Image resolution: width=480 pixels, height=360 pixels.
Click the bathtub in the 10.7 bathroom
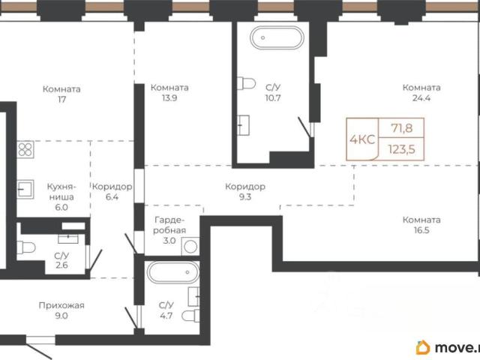pyautogui.click(x=277, y=38)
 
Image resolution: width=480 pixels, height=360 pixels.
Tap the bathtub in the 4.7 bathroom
pyautogui.click(x=173, y=272)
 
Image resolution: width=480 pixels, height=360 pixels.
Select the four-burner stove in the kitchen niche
pyautogui.click(x=25, y=150)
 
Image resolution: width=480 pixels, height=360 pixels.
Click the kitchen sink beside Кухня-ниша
pyautogui.click(x=25, y=189)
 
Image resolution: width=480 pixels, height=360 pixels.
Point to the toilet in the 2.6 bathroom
pyautogui.click(x=26, y=247)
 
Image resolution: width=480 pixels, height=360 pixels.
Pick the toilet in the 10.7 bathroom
pyautogui.click(x=246, y=83)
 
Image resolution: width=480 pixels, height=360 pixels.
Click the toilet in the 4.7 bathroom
pyautogui.click(x=190, y=316)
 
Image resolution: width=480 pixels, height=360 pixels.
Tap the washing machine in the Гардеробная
pyautogui.click(x=190, y=247)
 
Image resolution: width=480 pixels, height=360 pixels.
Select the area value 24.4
pyautogui.click(x=421, y=98)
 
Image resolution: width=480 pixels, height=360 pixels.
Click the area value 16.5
pyautogui.click(x=421, y=230)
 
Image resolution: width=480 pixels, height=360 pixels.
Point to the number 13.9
pyautogui.click(x=169, y=98)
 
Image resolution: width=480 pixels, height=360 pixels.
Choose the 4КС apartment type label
pyautogui.click(x=362, y=139)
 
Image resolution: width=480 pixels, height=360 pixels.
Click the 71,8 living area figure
pyautogui.click(x=402, y=128)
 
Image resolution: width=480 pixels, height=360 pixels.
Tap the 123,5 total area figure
pyautogui.click(x=402, y=149)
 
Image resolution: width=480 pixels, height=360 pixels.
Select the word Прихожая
pyautogui.click(x=61, y=305)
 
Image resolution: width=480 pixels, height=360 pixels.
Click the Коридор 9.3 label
pyautogui.click(x=245, y=192)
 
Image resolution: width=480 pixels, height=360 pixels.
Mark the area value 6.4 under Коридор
pyautogui.click(x=112, y=196)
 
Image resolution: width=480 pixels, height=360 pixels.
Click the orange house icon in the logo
pyautogui.click(x=423, y=347)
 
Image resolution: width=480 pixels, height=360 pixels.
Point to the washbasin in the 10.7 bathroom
pyautogui.click(x=243, y=125)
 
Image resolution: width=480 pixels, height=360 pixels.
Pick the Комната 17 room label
pyautogui.click(x=61, y=94)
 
